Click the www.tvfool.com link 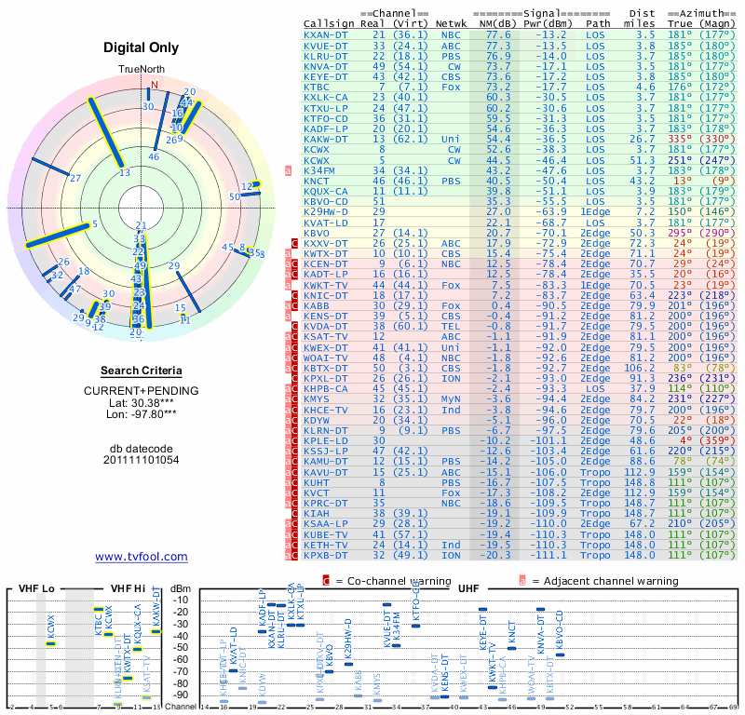click(142, 557)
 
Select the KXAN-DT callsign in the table click(327, 34)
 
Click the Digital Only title click(142, 47)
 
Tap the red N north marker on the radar click(156, 85)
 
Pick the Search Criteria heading click(142, 371)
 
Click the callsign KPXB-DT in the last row click(327, 555)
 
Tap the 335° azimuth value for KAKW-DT click(678, 139)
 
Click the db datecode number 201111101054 click(142, 460)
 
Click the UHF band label click(467, 589)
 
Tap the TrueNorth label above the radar click(141, 70)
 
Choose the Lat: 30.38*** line click(142, 403)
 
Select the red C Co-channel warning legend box click(326, 580)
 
